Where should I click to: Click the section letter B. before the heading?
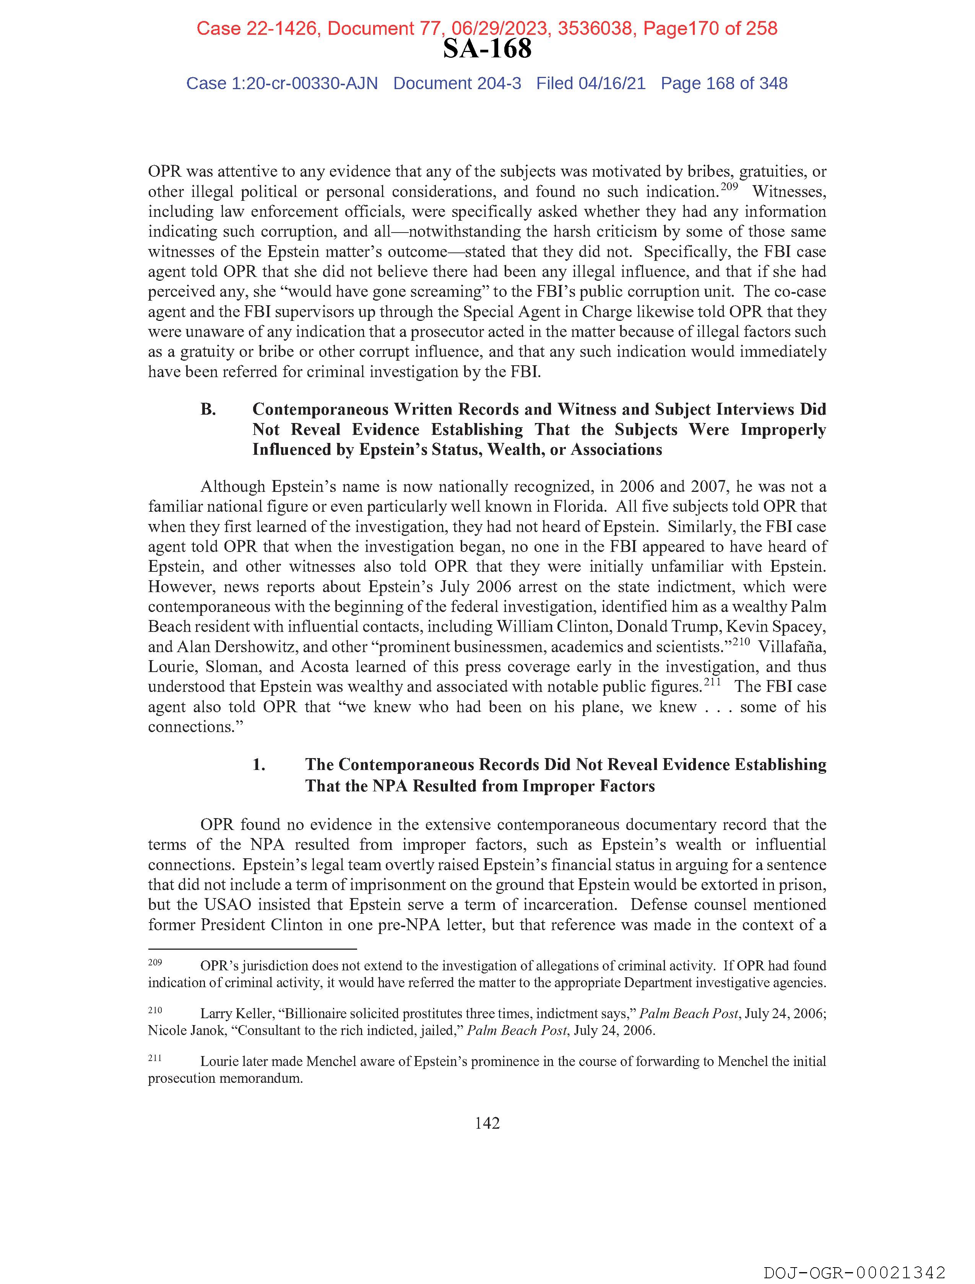point(208,409)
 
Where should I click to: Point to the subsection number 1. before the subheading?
point(259,765)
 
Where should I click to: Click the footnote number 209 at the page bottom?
point(155,962)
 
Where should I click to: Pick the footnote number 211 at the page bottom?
point(155,1058)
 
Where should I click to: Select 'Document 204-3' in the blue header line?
point(457,84)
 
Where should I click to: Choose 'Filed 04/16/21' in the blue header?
point(590,84)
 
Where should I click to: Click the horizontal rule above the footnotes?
point(252,949)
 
